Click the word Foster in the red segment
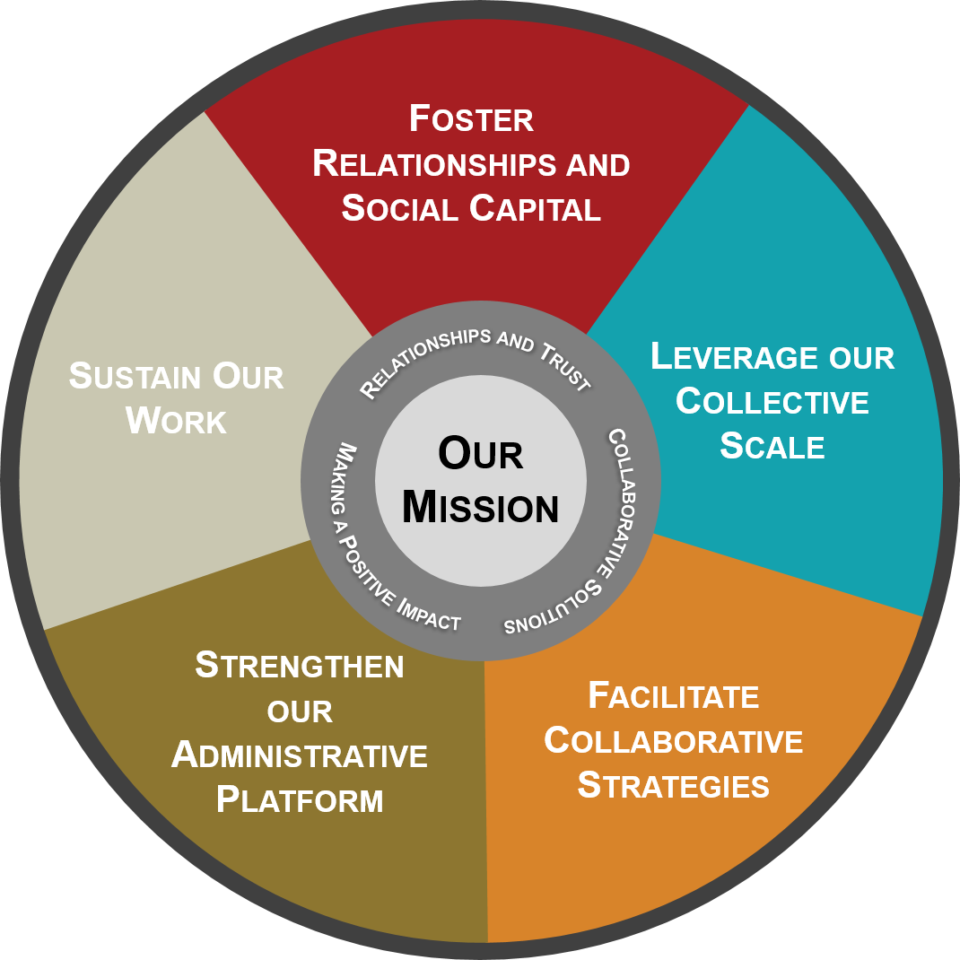click(471, 118)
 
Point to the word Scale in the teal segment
click(772, 446)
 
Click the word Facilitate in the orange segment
click(674, 696)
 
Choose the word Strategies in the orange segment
click(674, 785)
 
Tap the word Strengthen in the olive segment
click(300, 665)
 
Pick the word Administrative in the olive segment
click(300, 755)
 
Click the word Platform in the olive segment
click(300, 799)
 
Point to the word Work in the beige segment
click(177, 421)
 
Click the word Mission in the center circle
click(481, 507)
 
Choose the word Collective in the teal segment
click(772, 402)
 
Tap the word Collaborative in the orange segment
click(674, 741)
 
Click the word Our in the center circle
click(481, 454)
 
